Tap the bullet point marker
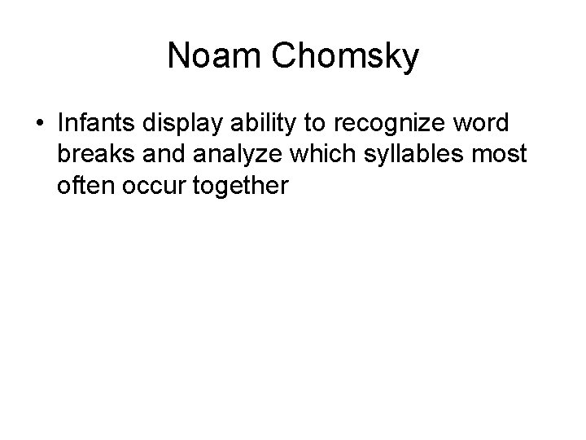(x=40, y=124)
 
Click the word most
(x=481, y=154)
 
